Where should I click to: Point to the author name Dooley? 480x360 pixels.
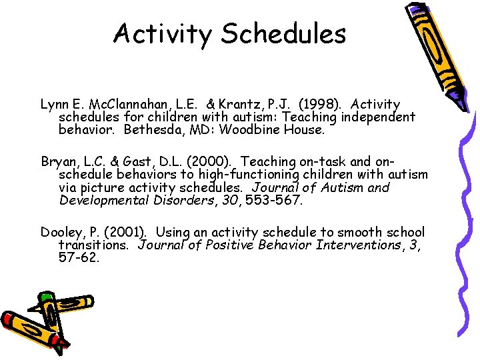(x=62, y=233)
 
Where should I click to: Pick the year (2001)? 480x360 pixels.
(x=127, y=233)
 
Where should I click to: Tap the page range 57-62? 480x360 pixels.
(x=79, y=258)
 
